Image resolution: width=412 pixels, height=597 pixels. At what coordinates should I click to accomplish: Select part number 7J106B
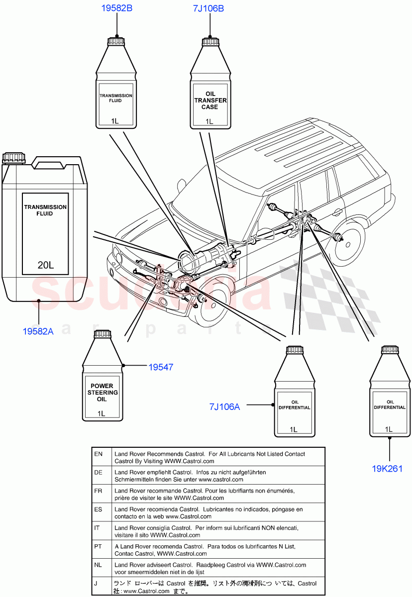pyautogui.click(x=208, y=8)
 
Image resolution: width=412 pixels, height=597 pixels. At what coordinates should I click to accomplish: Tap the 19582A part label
pyautogui.click(x=38, y=331)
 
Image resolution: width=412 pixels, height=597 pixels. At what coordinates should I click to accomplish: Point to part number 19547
pyautogui.click(x=161, y=367)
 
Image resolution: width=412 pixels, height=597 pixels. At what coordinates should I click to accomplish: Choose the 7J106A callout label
pyautogui.click(x=224, y=407)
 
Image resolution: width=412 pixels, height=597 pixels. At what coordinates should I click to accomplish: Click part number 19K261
pyautogui.click(x=387, y=468)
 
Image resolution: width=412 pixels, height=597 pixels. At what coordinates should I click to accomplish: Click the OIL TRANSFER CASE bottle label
pyautogui.click(x=209, y=100)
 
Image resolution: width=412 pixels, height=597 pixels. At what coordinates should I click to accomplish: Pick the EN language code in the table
pyautogui.click(x=99, y=454)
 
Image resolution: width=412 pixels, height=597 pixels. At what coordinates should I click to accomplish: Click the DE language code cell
pyautogui.click(x=99, y=472)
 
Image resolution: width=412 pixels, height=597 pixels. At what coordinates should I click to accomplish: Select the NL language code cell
pyautogui.click(x=99, y=565)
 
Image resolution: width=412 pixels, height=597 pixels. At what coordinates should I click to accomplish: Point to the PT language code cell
pyautogui.click(x=99, y=546)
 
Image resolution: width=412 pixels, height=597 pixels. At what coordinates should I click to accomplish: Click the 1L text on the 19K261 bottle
pyautogui.click(x=389, y=429)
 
